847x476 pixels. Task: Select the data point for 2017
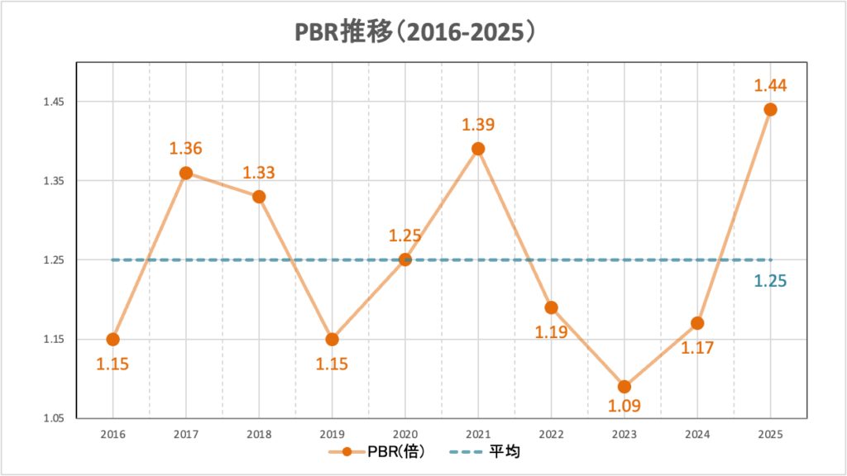click(x=186, y=173)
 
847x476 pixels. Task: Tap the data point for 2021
click(x=478, y=149)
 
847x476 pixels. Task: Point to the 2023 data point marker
click(x=624, y=387)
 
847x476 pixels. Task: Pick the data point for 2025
click(x=770, y=109)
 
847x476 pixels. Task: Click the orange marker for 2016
click(x=113, y=339)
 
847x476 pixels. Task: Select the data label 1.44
click(x=769, y=84)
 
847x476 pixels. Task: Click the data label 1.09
click(x=624, y=406)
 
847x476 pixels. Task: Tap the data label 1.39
click(x=478, y=125)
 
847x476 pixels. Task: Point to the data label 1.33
click(x=258, y=174)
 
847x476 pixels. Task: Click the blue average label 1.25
click(x=769, y=281)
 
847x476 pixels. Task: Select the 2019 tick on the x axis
click(x=332, y=433)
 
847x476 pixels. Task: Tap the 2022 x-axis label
click(x=551, y=433)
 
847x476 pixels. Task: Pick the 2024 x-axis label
click(x=697, y=433)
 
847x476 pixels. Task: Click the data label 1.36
click(x=186, y=149)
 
